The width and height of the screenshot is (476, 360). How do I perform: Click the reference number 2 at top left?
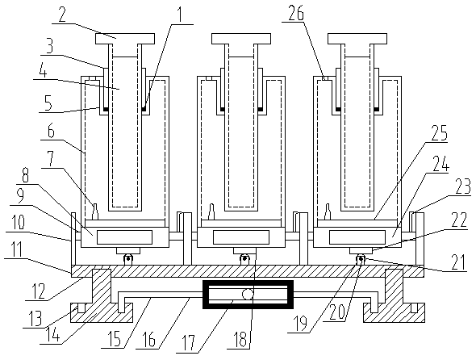click(x=62, y=15)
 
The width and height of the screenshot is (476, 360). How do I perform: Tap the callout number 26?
click(x=296, y=13)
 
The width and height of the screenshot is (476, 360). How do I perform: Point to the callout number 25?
click(x=439, y=132)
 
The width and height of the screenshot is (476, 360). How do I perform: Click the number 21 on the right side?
click(x=458, y=262)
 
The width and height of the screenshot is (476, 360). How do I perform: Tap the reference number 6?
click(x=51, y=132)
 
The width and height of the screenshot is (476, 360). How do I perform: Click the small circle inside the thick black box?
click(x=248, y=294)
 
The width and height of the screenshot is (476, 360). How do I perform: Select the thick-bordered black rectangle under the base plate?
click(x=248, y=295)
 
